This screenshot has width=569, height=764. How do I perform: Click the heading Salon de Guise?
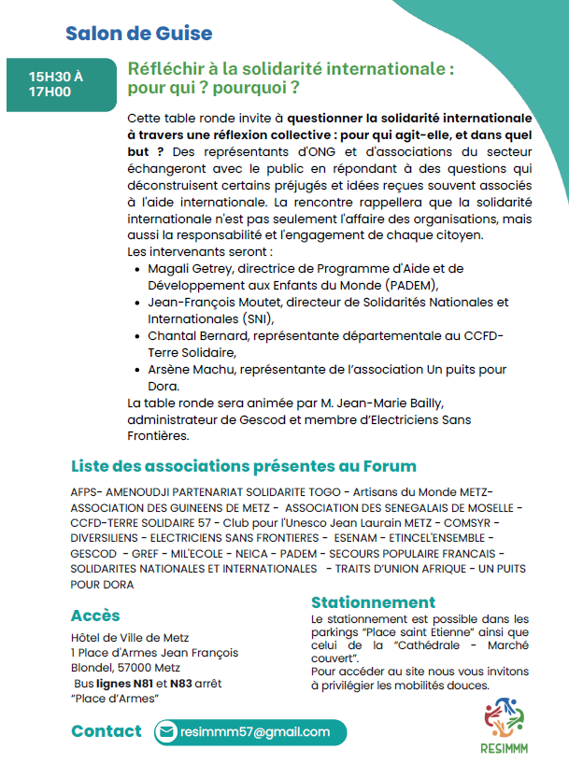[138, 35]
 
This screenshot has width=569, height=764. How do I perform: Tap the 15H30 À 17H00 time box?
[56, 84]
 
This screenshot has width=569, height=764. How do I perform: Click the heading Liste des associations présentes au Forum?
[244, 466]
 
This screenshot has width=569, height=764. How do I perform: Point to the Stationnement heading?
[374, 602]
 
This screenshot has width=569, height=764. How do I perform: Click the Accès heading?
[95, 615]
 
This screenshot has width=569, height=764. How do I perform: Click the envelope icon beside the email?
[166, 732]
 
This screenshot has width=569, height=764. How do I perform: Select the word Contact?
[107, 731]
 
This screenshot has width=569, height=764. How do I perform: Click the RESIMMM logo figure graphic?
[506, 716]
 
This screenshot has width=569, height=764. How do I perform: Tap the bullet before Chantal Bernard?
[138, 336]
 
